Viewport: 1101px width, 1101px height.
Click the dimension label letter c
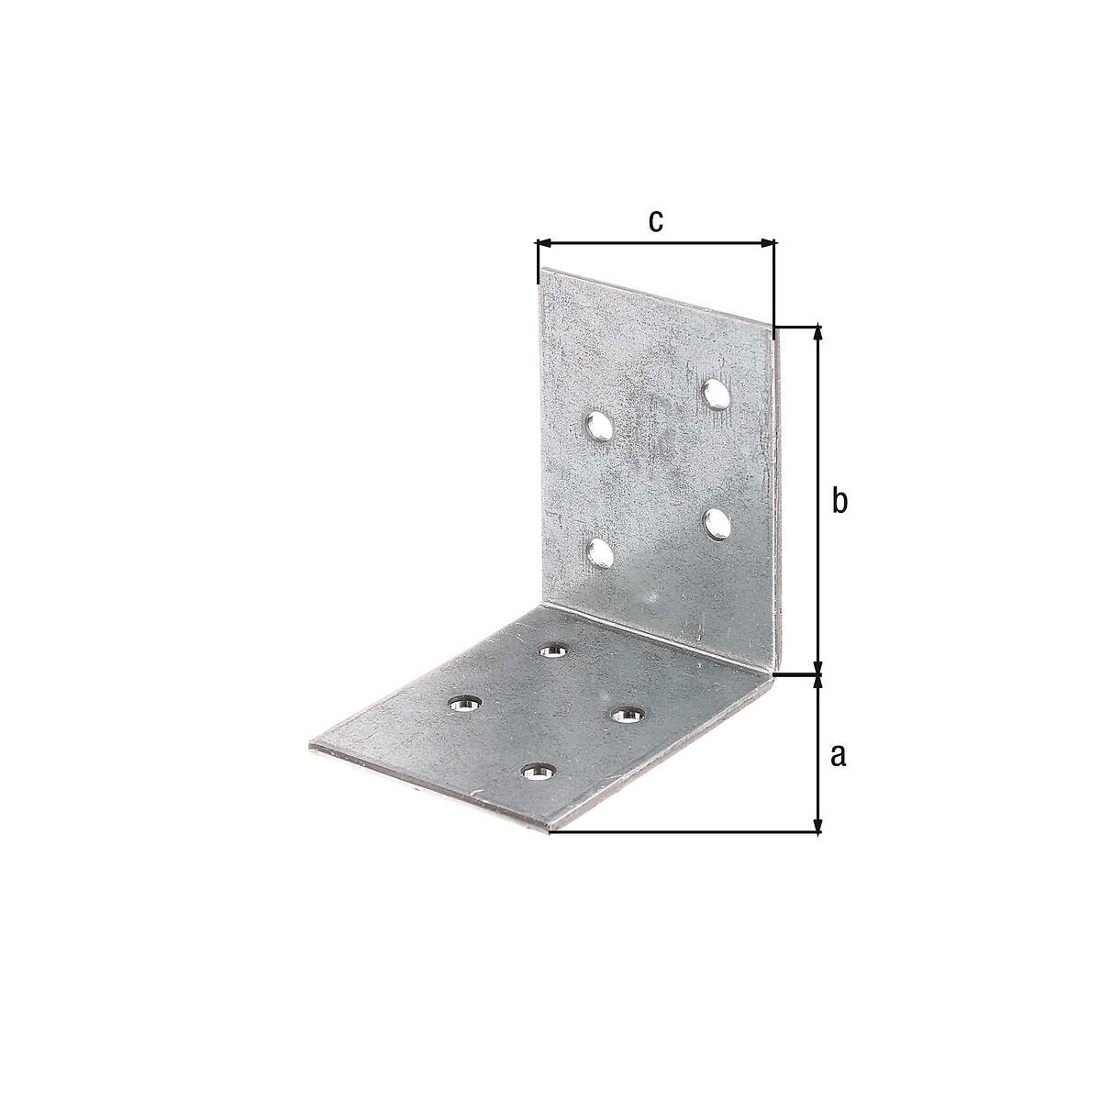[x=655, y=221]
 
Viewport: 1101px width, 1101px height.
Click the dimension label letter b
[x=839, y=501]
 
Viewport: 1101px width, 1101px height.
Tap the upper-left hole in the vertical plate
[x=598, y=428]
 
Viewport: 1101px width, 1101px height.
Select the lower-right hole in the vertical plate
[x=717, y=525]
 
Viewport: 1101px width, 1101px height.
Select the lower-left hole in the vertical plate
[x=599, y=554]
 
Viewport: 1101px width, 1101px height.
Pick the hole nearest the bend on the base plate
[x=554, y=650]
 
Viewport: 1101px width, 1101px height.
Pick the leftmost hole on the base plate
[x=464, y=704]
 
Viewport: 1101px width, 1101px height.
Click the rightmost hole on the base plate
[x=628, y=713]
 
